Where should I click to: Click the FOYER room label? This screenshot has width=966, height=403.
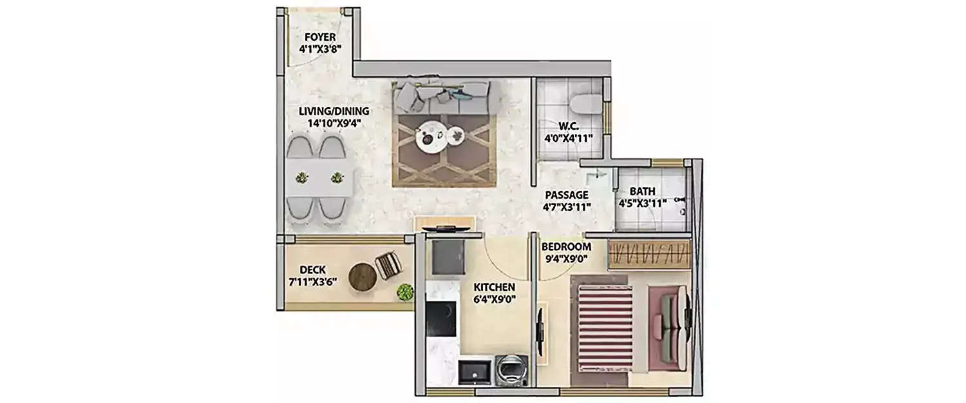[x=320, y=37]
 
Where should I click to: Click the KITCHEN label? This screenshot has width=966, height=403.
[x=495, y=286]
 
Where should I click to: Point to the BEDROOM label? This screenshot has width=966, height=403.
[x=566, y=246]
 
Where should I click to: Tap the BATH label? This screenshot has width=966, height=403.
[x=642, y=192]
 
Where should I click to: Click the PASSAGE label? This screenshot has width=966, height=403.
[x=566, y=195]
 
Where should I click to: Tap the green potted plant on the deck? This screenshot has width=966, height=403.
[x=405, y=292]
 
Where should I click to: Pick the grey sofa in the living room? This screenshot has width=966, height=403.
[x=442, y=97]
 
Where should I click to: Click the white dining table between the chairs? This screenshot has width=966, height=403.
[x=319, y=177]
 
